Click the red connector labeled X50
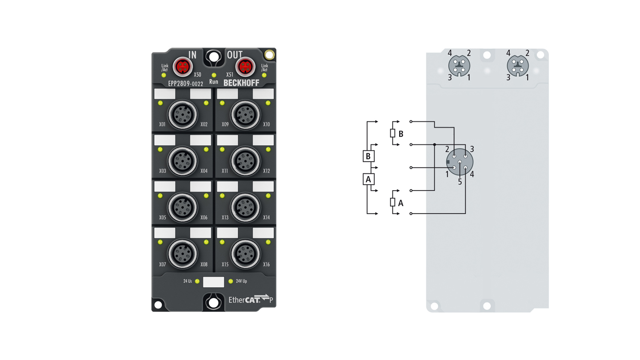click(x=183, y=67)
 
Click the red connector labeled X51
click(x=245, y=67)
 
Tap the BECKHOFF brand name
click(x=241, y=83)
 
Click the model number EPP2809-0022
click(x=186, y=84)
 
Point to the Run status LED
click(x=214, y=75)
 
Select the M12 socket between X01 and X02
click(x=183, y=115)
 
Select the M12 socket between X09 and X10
click(x=245, y=115)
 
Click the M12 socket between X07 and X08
click(x=183, y=254)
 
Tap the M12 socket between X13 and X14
click(x=245, y=208)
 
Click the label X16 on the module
click(x=266, y=264)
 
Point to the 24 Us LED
click(x=197, y=281)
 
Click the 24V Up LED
click(x=231, y=281)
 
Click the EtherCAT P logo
click(x=251, y=299)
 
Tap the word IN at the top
click(x=192, y=55)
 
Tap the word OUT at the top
click(x=235, y=55)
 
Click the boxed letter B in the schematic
click(x=368, y=156)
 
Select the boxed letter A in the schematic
click(x=368, y=179)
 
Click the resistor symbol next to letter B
click(x=392, y=133)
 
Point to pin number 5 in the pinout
click(x=460, y=182)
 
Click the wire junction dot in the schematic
click(x=435, y=144)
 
